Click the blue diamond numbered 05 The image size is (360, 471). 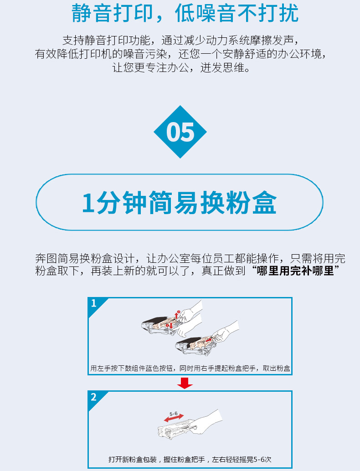180,132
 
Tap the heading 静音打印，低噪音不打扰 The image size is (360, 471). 185,13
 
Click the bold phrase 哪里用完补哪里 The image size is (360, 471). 296,271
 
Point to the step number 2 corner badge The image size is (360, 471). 96,398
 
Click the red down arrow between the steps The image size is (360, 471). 185,383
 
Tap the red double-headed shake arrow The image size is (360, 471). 174,418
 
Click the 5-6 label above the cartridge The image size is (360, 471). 173,414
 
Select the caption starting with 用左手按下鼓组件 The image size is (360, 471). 190,368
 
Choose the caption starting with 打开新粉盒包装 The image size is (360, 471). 190,459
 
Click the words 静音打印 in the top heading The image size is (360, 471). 112,13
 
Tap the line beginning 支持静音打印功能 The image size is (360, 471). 180,40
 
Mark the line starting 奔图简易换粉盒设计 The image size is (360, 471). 190,258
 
